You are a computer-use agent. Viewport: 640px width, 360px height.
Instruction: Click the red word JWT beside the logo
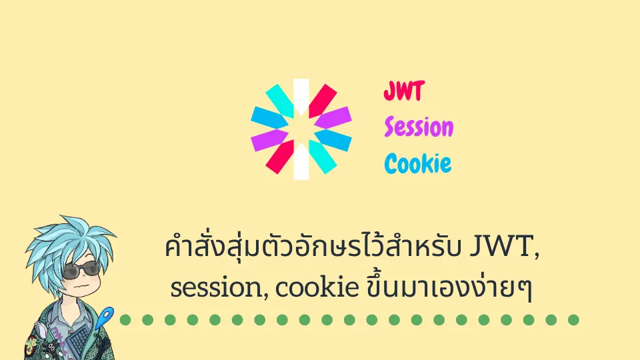403,92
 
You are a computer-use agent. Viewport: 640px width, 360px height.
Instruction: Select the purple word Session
419,127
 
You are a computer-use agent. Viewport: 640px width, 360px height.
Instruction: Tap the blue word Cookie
418,163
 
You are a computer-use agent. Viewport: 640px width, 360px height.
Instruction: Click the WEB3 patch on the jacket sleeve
31,344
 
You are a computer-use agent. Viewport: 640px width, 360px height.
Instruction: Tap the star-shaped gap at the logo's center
301,129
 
